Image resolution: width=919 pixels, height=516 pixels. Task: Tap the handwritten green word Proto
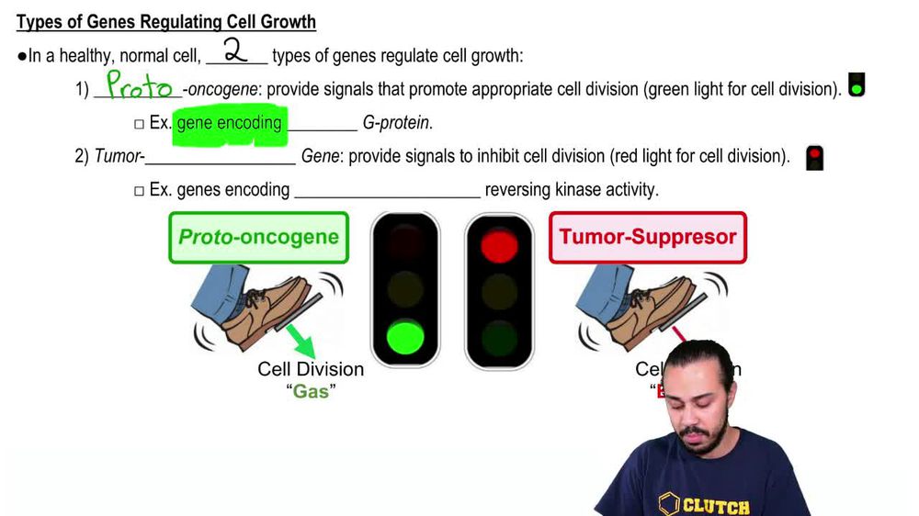tap(139, 87)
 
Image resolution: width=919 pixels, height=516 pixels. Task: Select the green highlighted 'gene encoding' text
tap(229, 123)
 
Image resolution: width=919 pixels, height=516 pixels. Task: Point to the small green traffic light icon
tap(857, 85)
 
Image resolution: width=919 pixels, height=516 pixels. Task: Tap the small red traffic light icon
tap(813, 158)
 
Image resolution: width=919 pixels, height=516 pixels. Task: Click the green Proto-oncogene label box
tap(258, 238)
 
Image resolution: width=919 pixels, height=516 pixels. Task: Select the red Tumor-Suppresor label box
tap(648, 237)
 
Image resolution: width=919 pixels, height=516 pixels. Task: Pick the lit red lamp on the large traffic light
tap(499, 244)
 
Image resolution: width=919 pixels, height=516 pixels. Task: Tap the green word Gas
tap(310, 390)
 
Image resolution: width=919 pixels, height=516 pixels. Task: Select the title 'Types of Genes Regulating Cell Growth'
tap(166, 22)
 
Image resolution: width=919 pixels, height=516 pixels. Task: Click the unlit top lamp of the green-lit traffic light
tap(405, 243)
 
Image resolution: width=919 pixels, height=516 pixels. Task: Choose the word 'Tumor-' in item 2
tap(119, 156)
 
